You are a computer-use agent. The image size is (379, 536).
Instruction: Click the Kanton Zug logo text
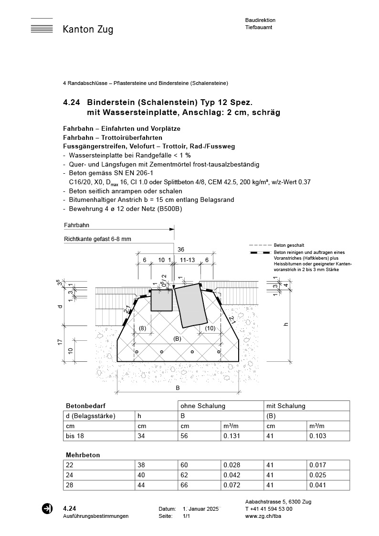[x=88, y=30]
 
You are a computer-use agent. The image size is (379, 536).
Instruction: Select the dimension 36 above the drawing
[x=180, y=250]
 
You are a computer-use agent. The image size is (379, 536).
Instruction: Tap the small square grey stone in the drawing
[x=161, y=300]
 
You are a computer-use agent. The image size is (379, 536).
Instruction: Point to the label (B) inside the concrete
[x=177, y=338]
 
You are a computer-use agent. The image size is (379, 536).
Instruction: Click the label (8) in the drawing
[x=142, y=328]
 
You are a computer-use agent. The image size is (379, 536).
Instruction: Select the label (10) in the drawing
[x=210, y=328]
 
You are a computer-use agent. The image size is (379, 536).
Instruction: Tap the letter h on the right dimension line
[x=286, y=324]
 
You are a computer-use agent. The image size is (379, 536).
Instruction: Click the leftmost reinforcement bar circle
[x=137, y=352]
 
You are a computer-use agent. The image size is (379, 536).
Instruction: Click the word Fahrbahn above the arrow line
[x=76, y=225]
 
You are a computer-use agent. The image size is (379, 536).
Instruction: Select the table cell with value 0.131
[x=233, y=436]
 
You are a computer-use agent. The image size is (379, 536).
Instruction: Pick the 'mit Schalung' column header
[x=285, y=406]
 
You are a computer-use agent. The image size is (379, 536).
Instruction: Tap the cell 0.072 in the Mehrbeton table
[x=233, y=485]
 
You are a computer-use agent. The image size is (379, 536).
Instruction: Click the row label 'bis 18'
[x=74, y=436]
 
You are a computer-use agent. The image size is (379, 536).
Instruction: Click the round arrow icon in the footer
[x=47, y=508]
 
